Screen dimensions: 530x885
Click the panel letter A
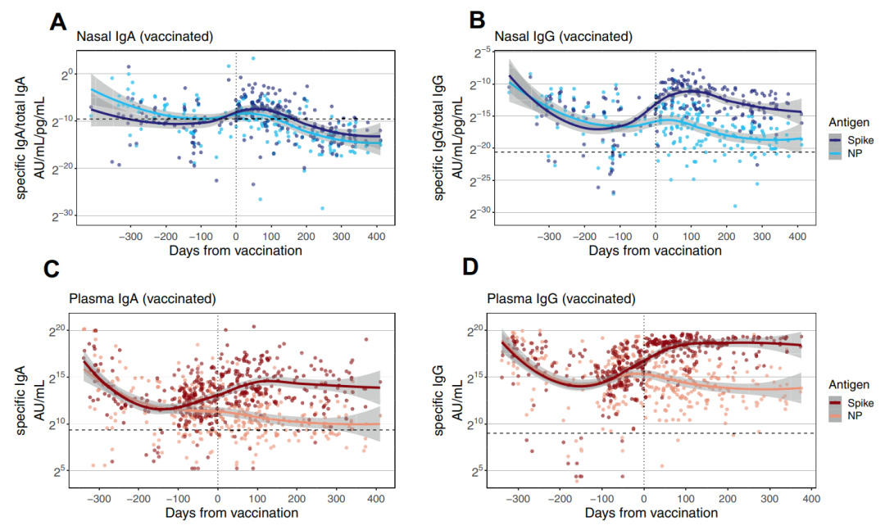(58, 21)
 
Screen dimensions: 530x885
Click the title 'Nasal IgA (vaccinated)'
(145, 37)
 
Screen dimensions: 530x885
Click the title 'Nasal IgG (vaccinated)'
(563, 37)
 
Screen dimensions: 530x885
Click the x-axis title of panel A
(236, 251)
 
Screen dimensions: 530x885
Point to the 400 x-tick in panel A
(376, 236)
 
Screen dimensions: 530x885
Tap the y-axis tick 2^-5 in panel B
(483, 52)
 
